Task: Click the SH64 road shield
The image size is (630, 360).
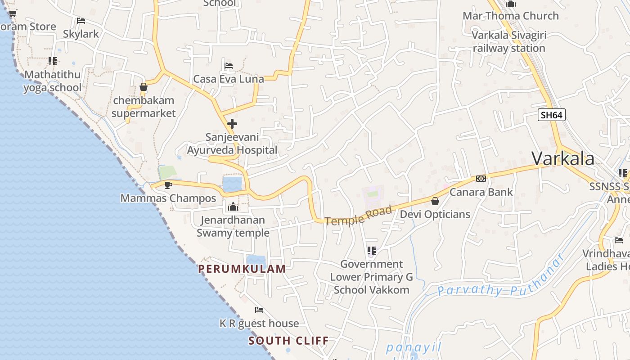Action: click(551, 115)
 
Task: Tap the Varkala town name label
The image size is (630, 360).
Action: click(563, 158)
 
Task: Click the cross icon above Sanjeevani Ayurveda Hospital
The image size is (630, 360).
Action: click(232, 123)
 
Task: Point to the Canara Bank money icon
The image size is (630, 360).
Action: click(481, 179)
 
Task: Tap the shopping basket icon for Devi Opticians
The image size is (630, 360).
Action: click(435, 201)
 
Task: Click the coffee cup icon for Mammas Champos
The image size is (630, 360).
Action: click(168, 185)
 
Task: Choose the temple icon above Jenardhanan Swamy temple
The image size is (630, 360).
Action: click(233, 207)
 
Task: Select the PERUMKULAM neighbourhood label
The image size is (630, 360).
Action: click(242, 269)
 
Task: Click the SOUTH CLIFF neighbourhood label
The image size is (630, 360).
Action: click(288, 340)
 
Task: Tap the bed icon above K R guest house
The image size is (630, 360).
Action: click(259, 310)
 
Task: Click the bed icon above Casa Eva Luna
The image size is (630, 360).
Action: click(229, 66)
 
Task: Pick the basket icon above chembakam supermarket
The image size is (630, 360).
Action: click(144, 87)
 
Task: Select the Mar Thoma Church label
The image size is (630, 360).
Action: click(510, 16)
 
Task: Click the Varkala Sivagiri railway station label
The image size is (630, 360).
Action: click(509, 41)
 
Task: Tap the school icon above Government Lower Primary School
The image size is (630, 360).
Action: click(371, 251)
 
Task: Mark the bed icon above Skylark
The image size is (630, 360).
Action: click(81, 21)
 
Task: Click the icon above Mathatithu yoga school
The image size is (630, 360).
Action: click(53, 61)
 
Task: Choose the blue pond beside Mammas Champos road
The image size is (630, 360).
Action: click(232, 184)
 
